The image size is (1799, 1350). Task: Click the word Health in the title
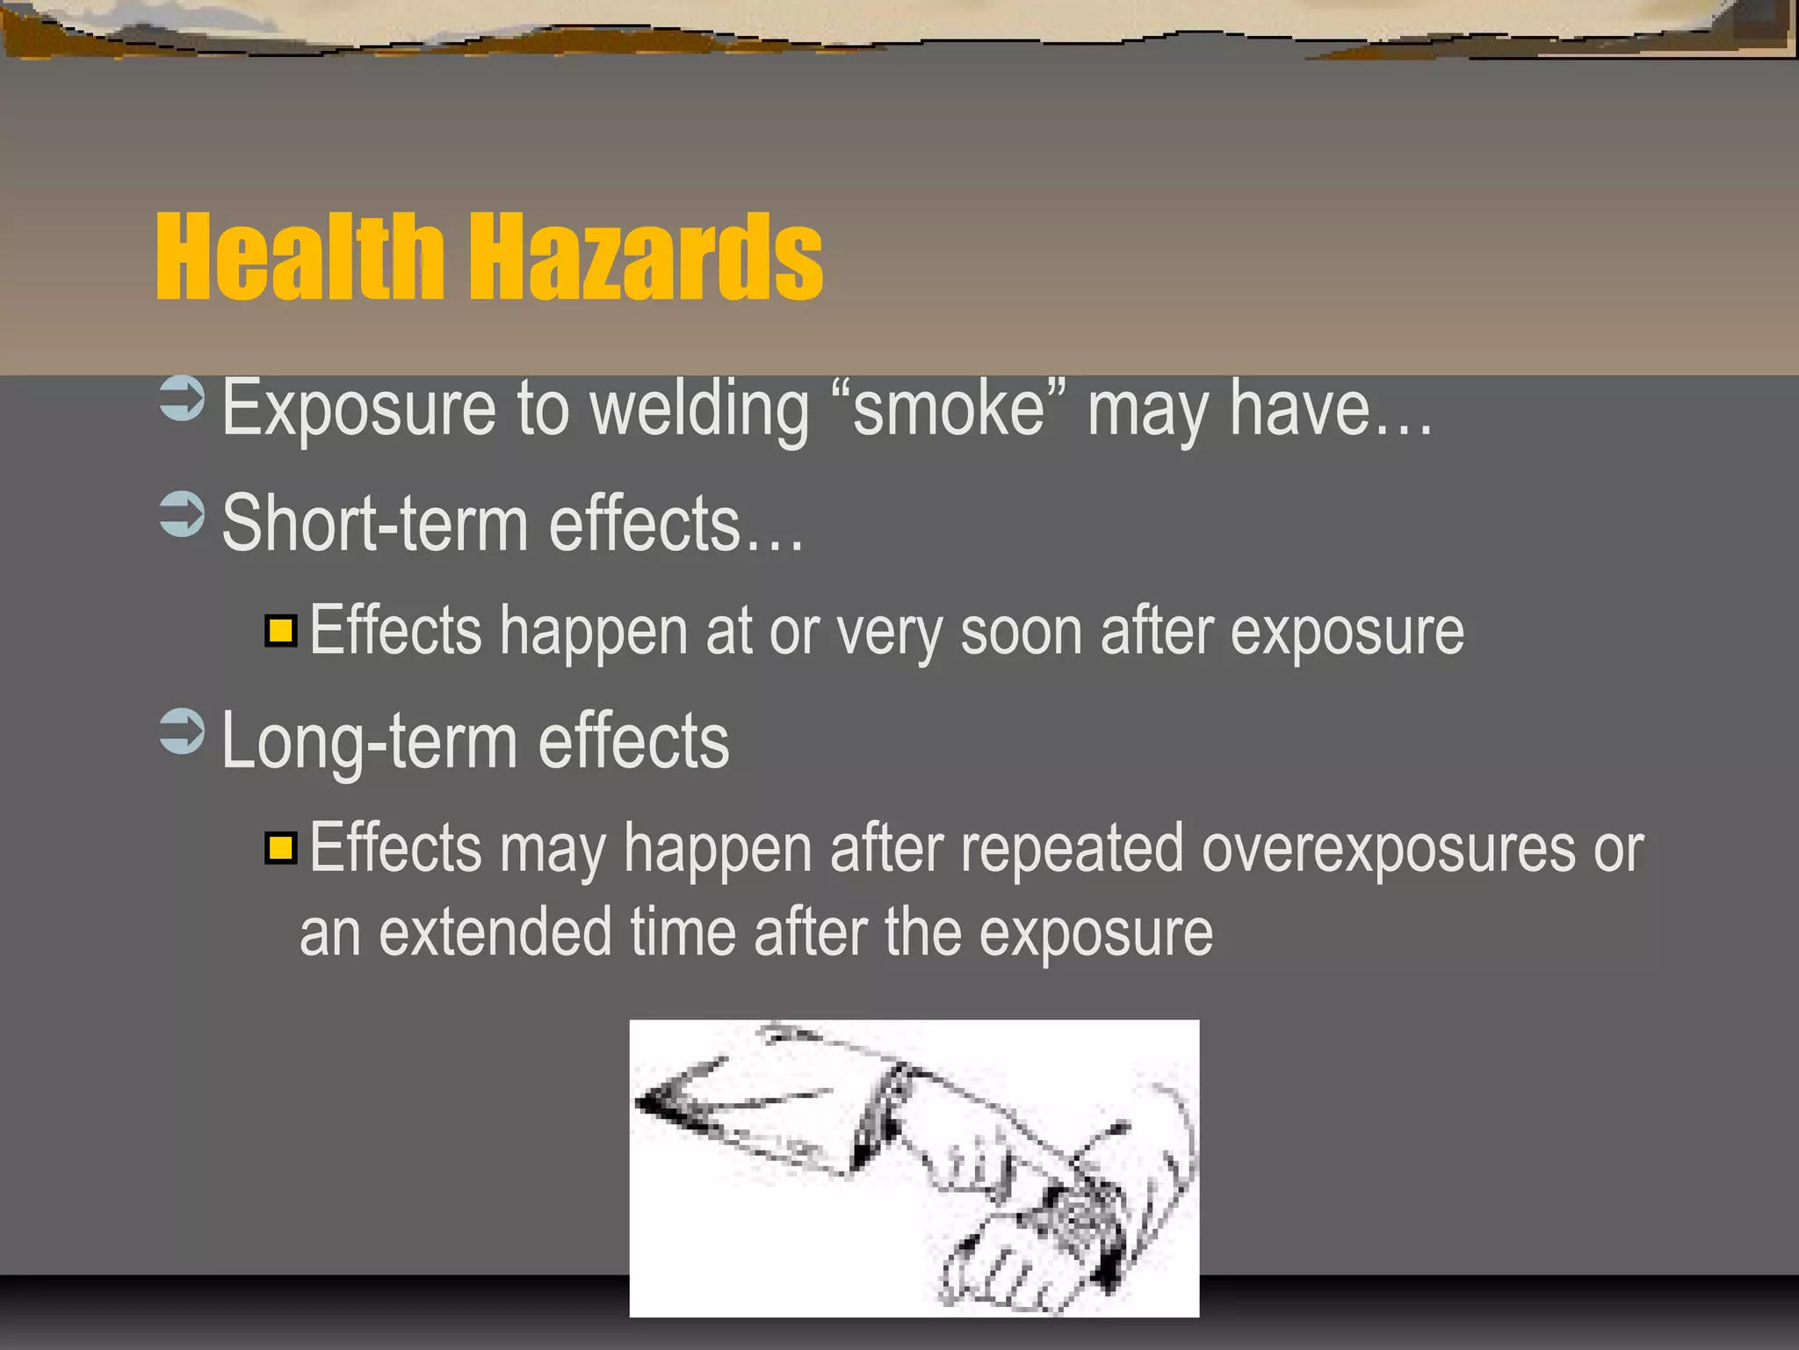[x=299, y=258]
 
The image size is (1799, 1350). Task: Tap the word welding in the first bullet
[x=699, y=410]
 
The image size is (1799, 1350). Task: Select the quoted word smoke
[x=949, y=410]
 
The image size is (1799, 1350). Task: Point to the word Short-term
[x=375, y=524]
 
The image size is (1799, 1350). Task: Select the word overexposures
[x=1388, y=850]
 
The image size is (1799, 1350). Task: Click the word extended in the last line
[x=495, y=933]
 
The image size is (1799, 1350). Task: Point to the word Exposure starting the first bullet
[x=358, y=410]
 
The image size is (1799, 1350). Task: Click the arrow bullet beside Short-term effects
[x=182, y=514]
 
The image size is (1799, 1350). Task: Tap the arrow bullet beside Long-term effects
[x=182, y=731]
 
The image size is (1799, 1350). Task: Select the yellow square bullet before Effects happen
[x=281, y=631]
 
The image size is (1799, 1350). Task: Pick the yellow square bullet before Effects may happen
[x=281, y=848]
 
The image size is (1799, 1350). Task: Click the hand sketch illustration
[x=914, y=1168]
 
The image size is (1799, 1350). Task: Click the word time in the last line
[x=683, y=933]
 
